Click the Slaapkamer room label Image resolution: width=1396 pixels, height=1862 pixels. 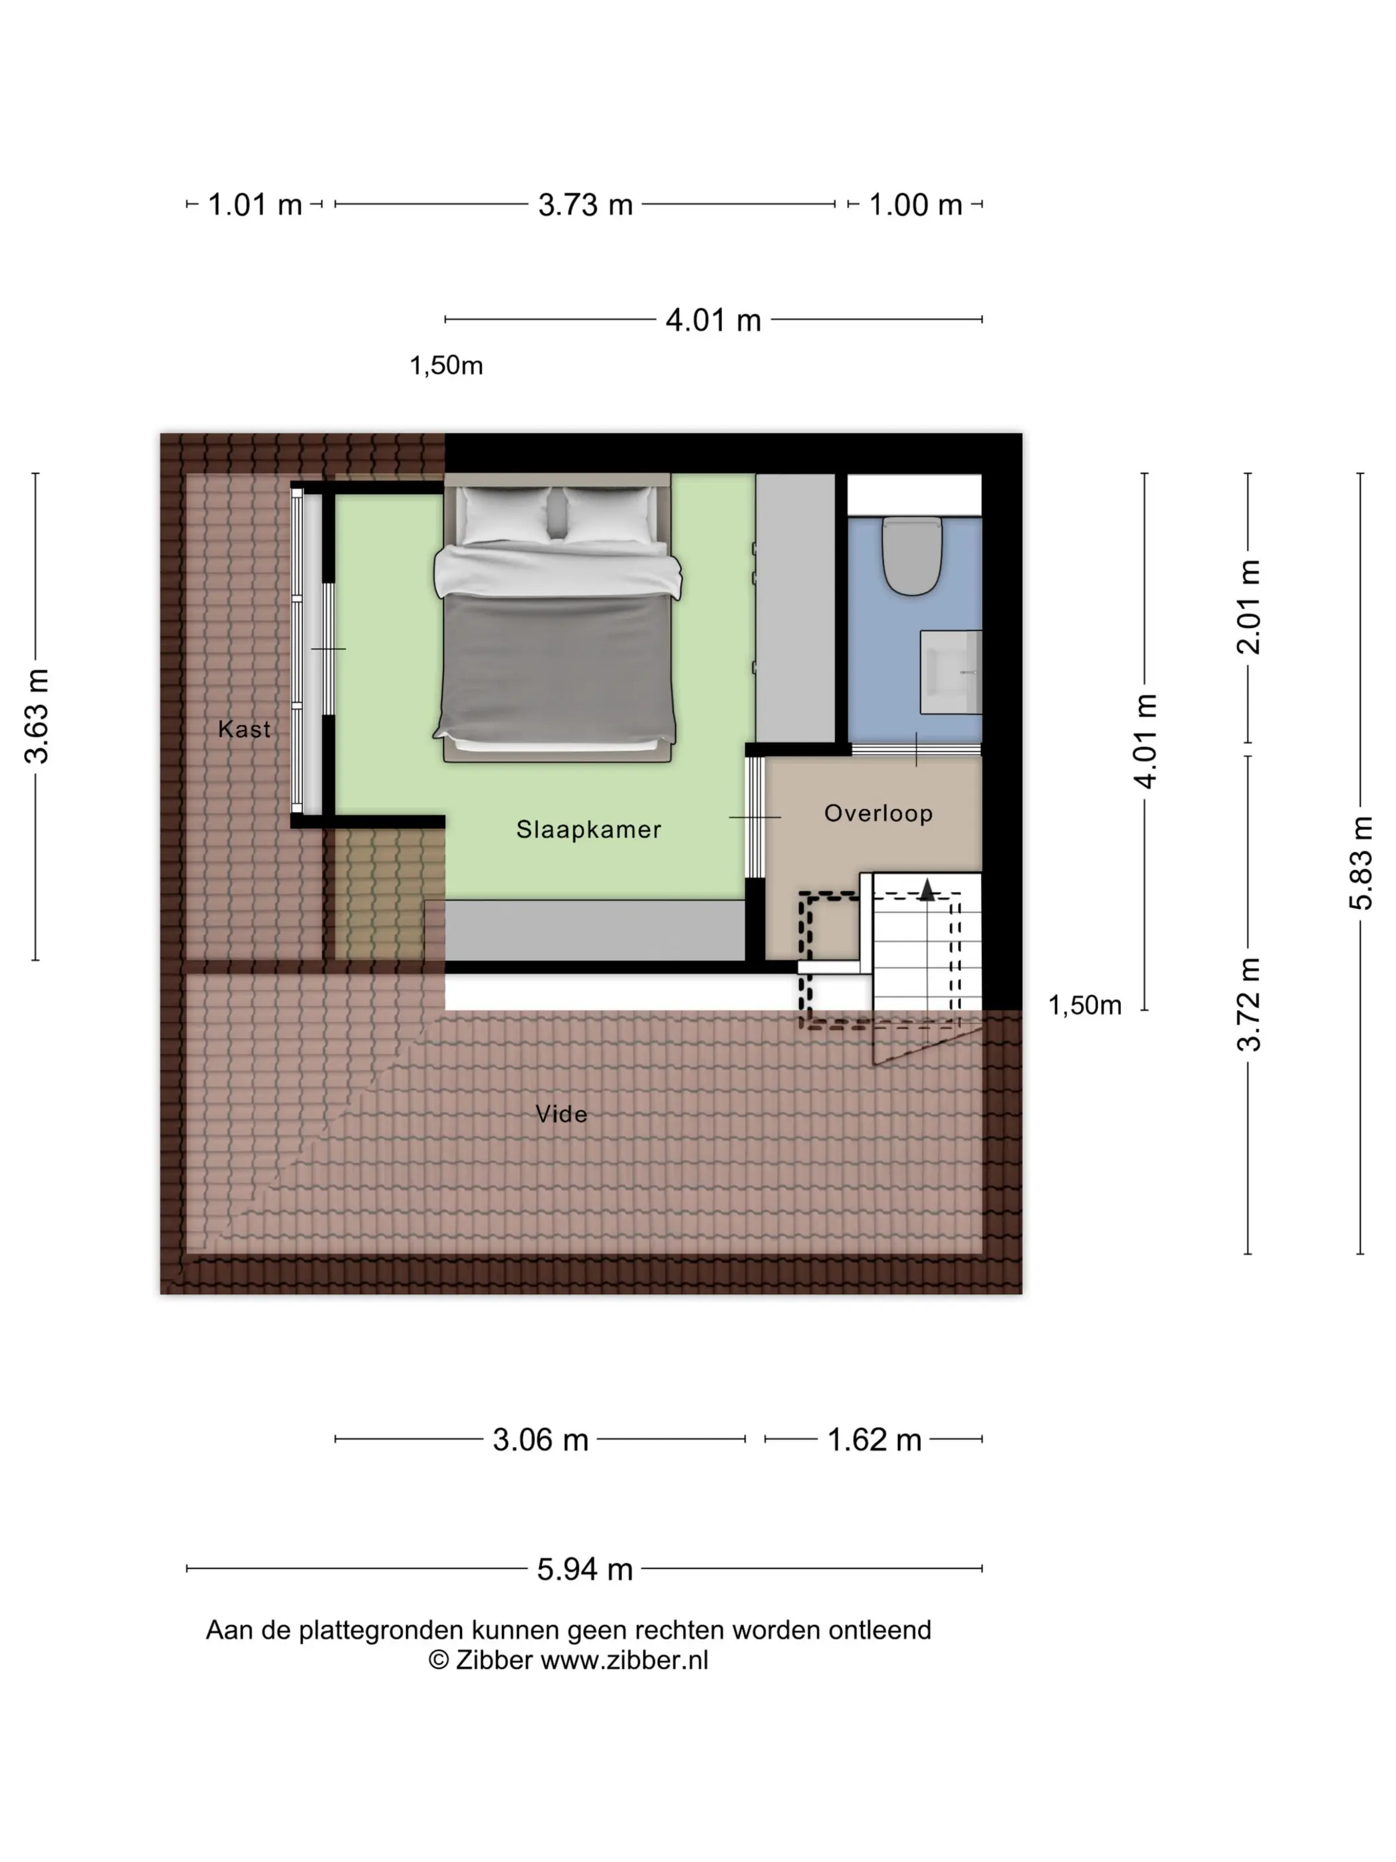(x=588, y=829)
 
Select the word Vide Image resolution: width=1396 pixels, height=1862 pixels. (x=561, y=1114)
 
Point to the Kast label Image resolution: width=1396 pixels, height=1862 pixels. (x=244, y=729)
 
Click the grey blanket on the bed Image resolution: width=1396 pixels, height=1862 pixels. (x=557, y=665)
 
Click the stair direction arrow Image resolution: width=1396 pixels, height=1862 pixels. (x=927, y=890)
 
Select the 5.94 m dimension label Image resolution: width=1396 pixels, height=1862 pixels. (x=585, y=1569)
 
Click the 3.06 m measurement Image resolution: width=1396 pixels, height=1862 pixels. (x=540, y=1440)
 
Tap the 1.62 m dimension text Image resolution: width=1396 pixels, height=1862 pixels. (x=874, y=1440)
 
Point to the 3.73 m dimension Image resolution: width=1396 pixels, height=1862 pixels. (x=586, y=205)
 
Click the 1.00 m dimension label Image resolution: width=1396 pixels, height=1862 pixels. (x=915, y=205)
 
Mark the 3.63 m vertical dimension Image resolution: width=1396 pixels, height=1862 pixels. (x=36, y=716)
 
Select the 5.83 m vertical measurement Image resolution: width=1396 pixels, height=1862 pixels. (x=1361, y=863)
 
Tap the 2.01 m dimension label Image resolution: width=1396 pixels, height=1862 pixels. (x=1248, y=607)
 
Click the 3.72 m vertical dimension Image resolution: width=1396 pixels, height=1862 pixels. (x=1248, y=1004)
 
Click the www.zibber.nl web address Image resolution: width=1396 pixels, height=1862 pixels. (x=624, y=1660)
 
